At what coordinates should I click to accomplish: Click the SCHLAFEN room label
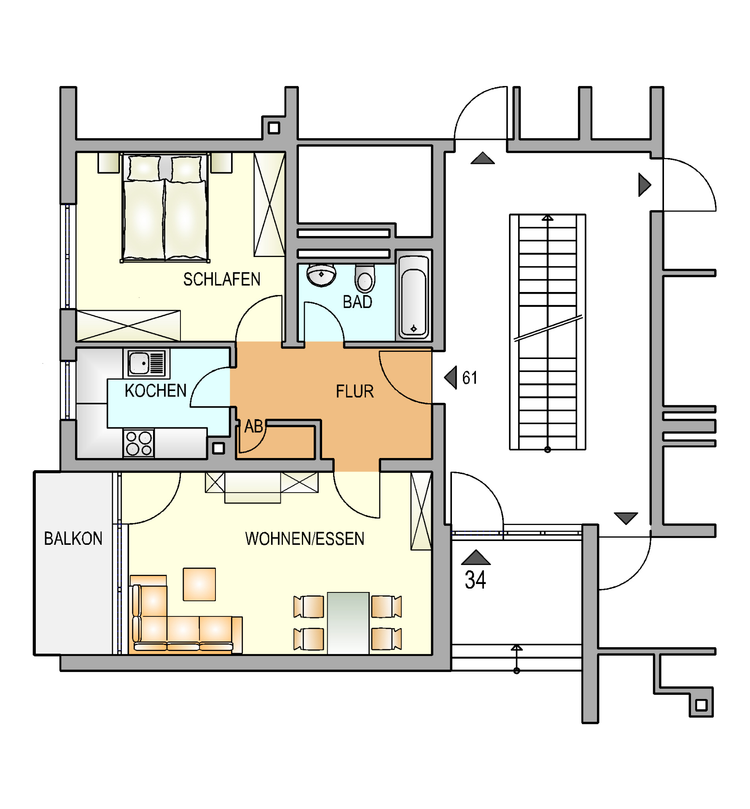pyautogui.click(x=222, y=279)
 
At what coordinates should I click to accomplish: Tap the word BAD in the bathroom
pyautogui.click(x=358, y=302)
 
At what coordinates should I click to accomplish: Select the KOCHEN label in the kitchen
pyautogui.click(x=156, y=391)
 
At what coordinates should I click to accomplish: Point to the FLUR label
pyautogui.click(x=355, y=392)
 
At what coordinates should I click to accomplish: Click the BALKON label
pyautogui.click(x=73, y=538)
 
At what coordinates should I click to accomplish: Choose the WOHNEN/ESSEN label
pyautogui.click(x=305, y=539)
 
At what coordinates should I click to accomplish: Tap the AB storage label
pyautogui.click(x=254, y=426)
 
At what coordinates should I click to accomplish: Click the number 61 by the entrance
pyautogui.click(x=470, y=378)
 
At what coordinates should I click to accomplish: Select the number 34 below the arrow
pyautogui.click(x=475, y=580)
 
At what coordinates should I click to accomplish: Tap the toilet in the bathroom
pyautogui.click(x=365, y=279)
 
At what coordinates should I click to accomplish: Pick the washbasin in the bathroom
pyautogui.click(x=321, y=275)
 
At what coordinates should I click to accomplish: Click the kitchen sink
pyautogui.click(x=147, y=363)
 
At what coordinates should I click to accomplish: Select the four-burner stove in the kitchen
pyautogui.click(x=139, y=443)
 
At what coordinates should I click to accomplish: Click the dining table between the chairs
pyautogui.click(x=348, y=623)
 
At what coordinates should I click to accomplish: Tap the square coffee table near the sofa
pyautogui.click(x=199, y=584)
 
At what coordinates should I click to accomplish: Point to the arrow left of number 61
pyautogui.click(x=451, y=378)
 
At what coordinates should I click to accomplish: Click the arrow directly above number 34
pyautogui.click(x=476, y=557)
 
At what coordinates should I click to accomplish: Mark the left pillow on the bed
pyautogui.click(x=144, y=169)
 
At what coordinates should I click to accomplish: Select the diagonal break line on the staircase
pyautogui.click(x=548, y=328)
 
